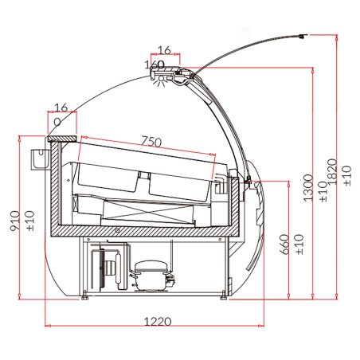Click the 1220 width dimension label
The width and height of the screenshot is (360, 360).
(158, 322)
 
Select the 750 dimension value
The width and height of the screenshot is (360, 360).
(151, 141)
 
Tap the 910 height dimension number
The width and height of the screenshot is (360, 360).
(15, 221)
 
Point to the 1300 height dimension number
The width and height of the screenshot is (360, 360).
(308, 188)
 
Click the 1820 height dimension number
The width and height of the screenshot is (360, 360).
(332, 172)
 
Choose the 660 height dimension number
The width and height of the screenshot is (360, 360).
(284, 245)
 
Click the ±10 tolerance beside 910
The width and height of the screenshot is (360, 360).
(30, 221)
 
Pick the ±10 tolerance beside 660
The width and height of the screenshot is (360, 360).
(299, 245)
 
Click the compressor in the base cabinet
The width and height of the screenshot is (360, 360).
(151, 276)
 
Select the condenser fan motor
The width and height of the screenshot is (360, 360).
(108, 268)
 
